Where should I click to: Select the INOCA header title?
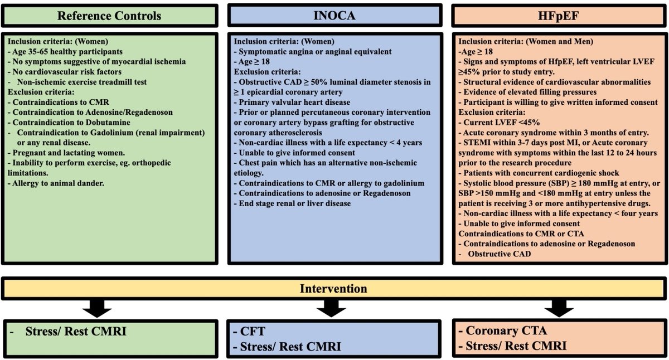click(334, 15)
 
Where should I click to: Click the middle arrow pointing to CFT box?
click(334, 306)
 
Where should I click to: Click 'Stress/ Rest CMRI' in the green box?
click(75, 332)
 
